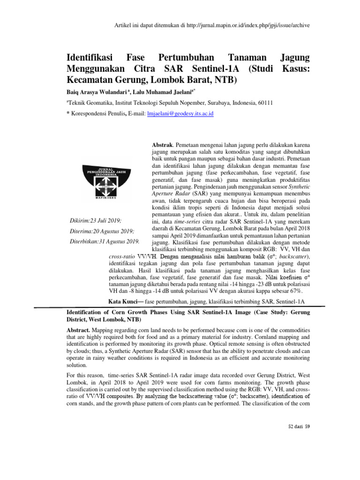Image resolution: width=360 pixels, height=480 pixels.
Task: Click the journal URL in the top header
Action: [x=251, y=24]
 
